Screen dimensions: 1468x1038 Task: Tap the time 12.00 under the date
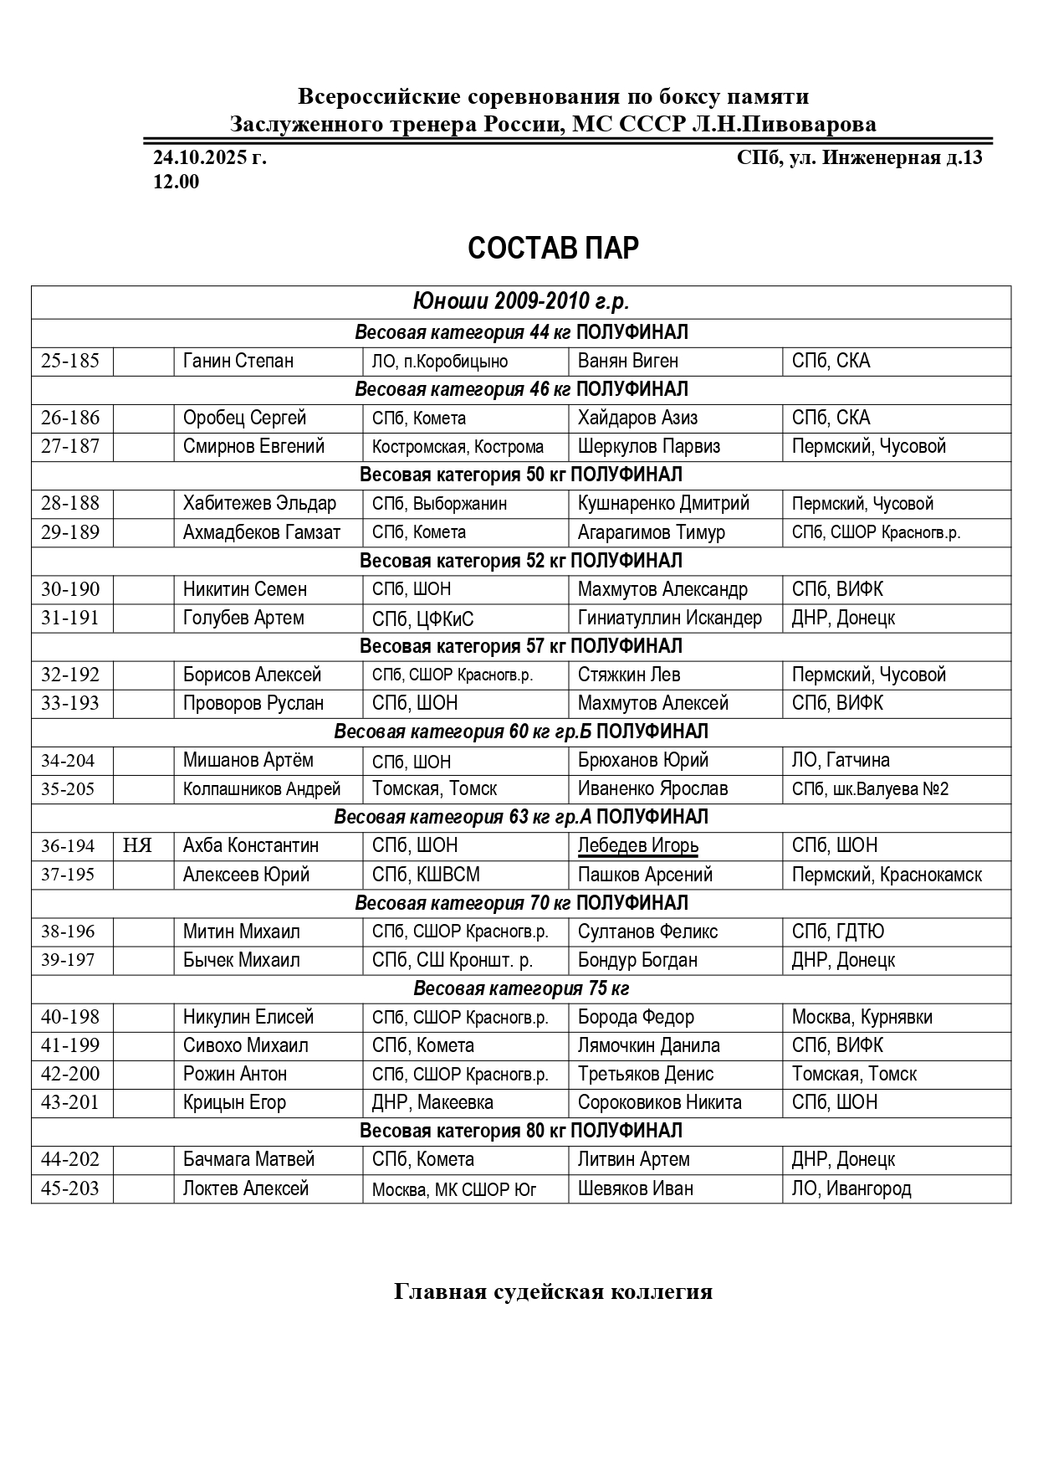pyautogui.click(x=176, y=182)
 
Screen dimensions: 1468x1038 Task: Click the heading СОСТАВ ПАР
pyautogui.click(x=553, y=249)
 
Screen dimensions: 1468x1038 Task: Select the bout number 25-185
pyautogui.click(x=70, y=361)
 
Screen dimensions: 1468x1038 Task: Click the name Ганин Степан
pyautogui.click(x=238, y=361)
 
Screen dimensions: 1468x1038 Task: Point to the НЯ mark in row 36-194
pyautogui.click(x=137, y=845)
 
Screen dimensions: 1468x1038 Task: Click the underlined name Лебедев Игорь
pyautogui.click(x=637, y=845)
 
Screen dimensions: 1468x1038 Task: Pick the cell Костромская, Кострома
pyautogui.click(x=458, y=447)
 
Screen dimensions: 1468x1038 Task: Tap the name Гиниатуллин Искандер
pyautogui.click(x=669, y=618)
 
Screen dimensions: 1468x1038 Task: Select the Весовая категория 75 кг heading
pyautogui.click(x=520, y=988)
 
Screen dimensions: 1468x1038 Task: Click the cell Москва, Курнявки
pyautogui.click(x=862, y=1017)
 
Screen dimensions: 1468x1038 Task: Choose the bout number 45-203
pyautogui.click(x=70, y=1188)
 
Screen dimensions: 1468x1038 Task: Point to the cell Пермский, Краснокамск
pyautogui.click(x=887, y=875)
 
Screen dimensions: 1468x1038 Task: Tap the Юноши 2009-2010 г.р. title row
pyautogui.click(x=520, y=301)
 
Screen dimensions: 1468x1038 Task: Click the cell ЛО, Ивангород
pyautogui.click(x=851, y=1188)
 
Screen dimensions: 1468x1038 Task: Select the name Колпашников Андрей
pyautogui.click(x=262, y=788)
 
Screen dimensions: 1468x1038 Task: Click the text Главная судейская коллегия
pyautogui.click(x=553, y=1291)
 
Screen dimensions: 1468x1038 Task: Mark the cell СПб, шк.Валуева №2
pyautogui.click(x=870, y=788)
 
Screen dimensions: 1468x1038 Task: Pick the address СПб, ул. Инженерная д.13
pyautogui.click(x=859, y=157)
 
